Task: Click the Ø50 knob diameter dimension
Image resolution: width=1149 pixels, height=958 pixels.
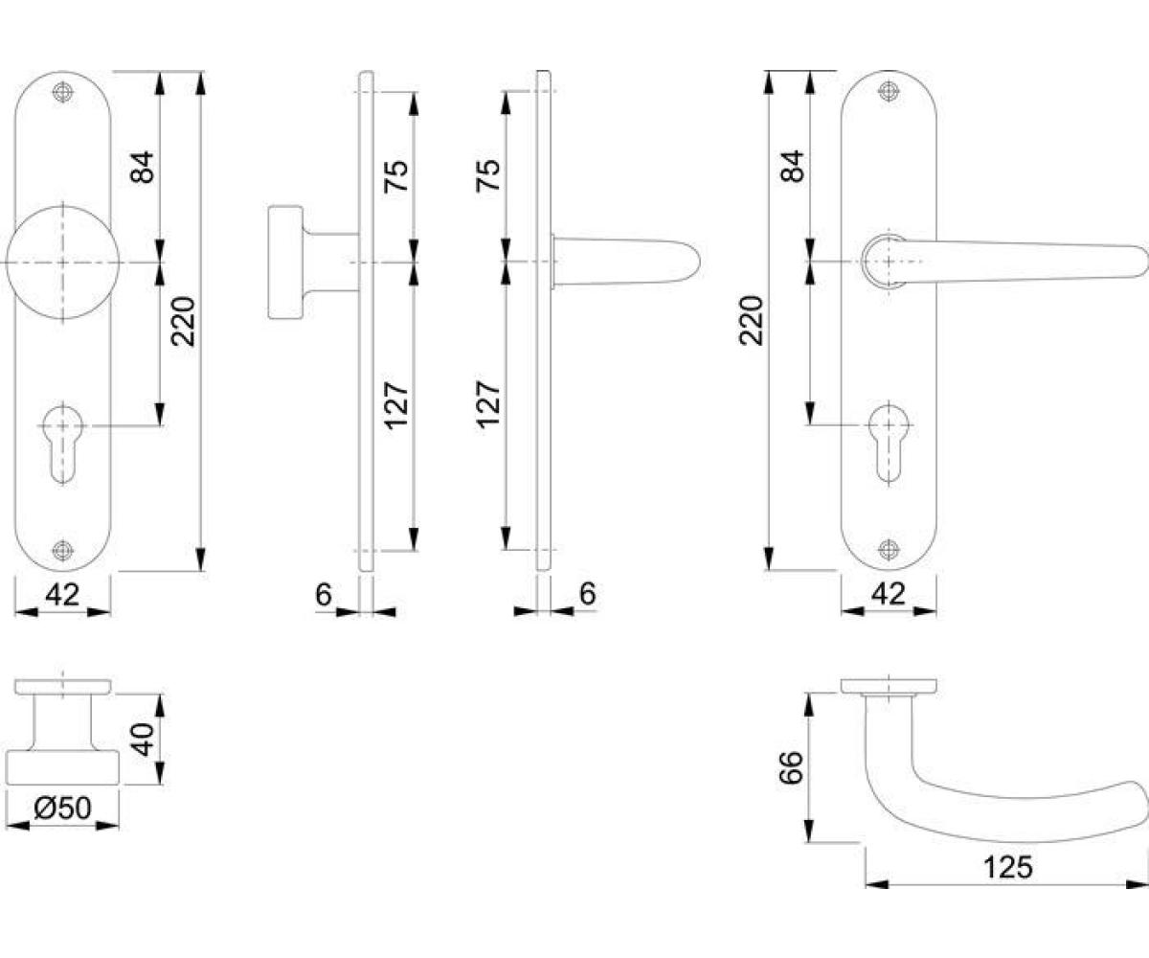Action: pos(62,808)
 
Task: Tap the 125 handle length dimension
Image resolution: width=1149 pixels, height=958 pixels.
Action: pos(1007,868)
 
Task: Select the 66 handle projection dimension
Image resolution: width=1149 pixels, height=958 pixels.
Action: pos(791,767)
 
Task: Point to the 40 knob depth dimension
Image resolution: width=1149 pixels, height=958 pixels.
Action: pos(143,740)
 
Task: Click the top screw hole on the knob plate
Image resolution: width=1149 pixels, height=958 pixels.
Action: pos(63,93)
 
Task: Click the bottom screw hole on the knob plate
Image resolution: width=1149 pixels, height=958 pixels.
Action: pos(63,550)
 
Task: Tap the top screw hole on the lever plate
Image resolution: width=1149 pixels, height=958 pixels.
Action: pos(889,91)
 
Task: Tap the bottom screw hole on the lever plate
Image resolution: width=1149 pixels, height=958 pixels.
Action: pos(889,549)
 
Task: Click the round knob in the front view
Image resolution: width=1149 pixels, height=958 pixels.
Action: pos(63,262)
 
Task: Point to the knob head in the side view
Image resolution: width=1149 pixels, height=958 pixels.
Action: pos(285,262)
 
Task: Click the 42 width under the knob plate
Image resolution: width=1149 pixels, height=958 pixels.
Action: pos(62,595)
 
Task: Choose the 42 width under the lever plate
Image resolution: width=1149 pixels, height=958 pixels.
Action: pos(889,594)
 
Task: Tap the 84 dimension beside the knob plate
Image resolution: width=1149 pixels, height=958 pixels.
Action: pos(142,167)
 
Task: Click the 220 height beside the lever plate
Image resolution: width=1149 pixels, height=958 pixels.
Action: pos(751,321)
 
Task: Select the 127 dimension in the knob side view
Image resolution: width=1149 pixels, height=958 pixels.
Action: pos(396,406)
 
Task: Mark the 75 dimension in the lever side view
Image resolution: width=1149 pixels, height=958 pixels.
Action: pos(488,175)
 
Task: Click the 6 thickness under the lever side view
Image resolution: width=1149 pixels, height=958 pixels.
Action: pos(588,593)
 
